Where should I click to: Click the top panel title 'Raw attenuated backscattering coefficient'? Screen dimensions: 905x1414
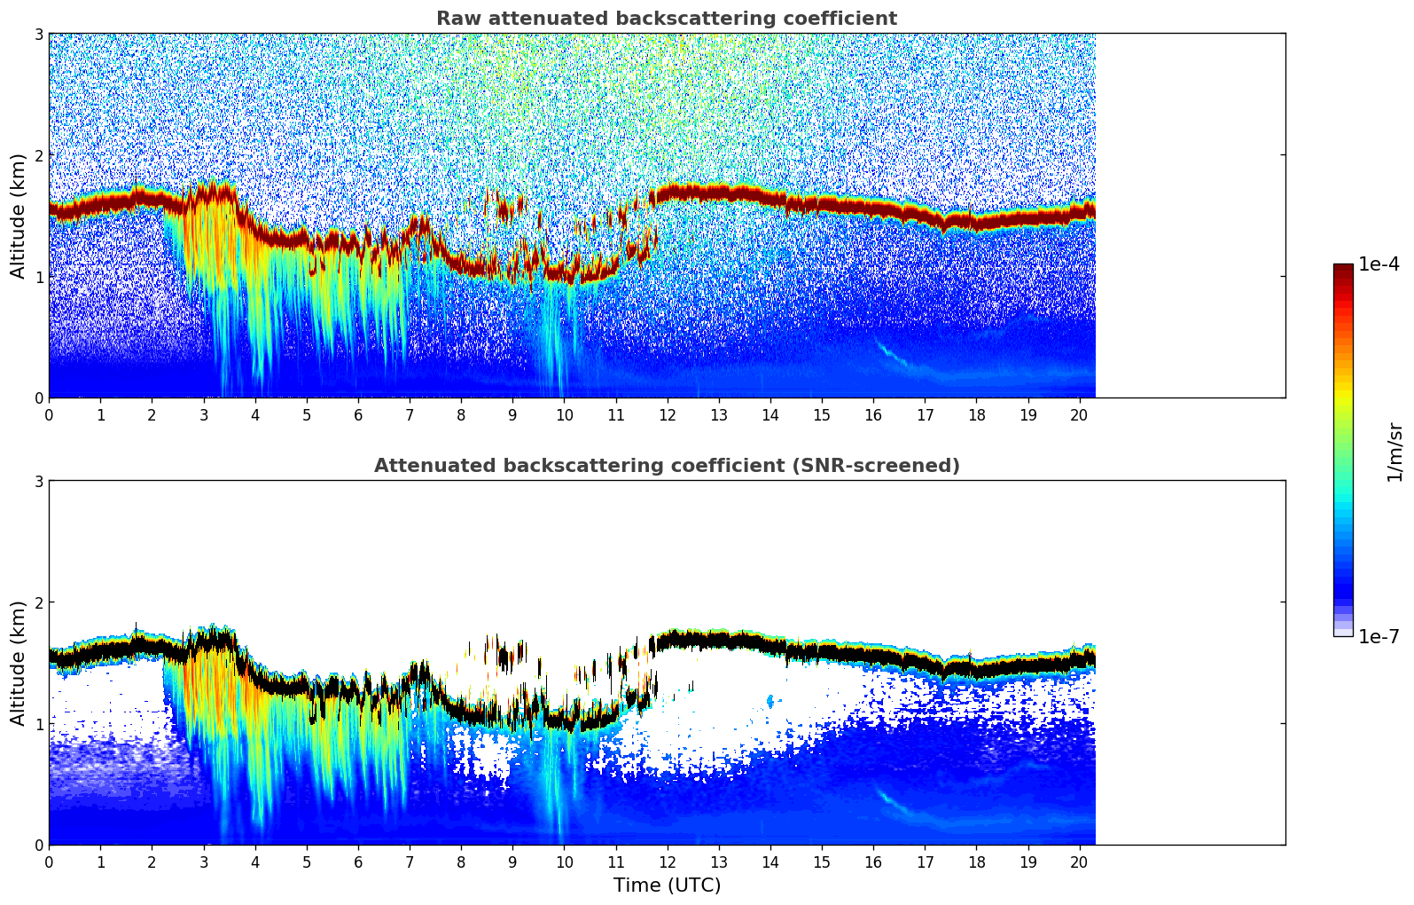pos(666,19)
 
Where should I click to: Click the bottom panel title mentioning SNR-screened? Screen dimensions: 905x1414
pos(666,466)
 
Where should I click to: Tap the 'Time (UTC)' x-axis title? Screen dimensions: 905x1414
pos(667,885)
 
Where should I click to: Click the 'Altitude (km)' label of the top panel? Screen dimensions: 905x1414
pos(18,216)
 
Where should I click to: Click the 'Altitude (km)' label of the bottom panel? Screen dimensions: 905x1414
pos(18,663)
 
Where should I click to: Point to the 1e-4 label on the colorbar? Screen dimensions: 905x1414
pos(1379,264)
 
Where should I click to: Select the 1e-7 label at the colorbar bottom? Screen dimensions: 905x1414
pos(1379,637)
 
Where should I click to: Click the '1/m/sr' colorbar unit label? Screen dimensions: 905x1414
pos(1394,452)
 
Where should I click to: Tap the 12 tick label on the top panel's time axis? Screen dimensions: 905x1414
pos(667,414)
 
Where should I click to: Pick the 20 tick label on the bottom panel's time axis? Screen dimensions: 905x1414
pos(1079,862)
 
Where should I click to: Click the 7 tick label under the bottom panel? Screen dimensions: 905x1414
pos(410,862)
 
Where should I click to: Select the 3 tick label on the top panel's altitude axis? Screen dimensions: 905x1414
pos(38,34)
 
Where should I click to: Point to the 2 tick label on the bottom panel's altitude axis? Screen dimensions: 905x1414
pos(38,602)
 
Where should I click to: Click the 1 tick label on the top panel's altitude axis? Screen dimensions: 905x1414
pos(38,277)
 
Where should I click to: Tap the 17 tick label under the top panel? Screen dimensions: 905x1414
pos(925,414)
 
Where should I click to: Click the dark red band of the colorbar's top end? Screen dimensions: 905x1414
pos(1342,270)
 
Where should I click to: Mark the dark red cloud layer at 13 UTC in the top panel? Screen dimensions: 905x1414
pos(718,191)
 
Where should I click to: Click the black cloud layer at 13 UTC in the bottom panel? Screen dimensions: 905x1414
pos(718,638)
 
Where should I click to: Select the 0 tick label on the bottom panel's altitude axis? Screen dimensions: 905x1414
pos(38,845)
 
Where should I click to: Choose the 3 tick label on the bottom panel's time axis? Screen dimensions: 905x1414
pos(203,862)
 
